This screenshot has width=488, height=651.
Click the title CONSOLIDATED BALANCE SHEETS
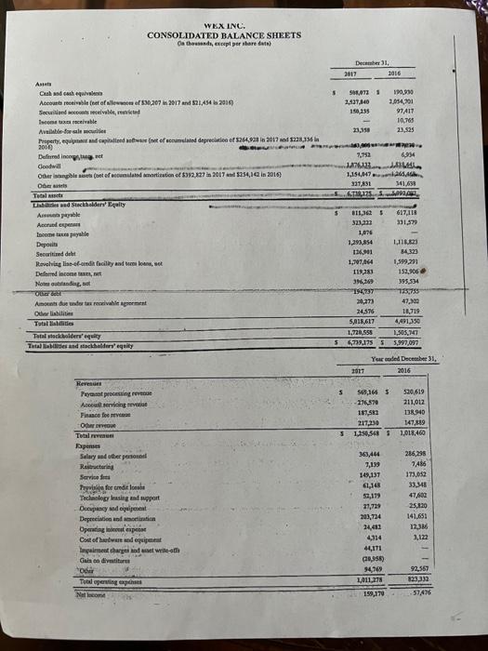tap(223, 35)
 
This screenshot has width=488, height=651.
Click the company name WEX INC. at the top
tap(223, 25)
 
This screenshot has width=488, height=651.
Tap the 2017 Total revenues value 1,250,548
tap(350, 459)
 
